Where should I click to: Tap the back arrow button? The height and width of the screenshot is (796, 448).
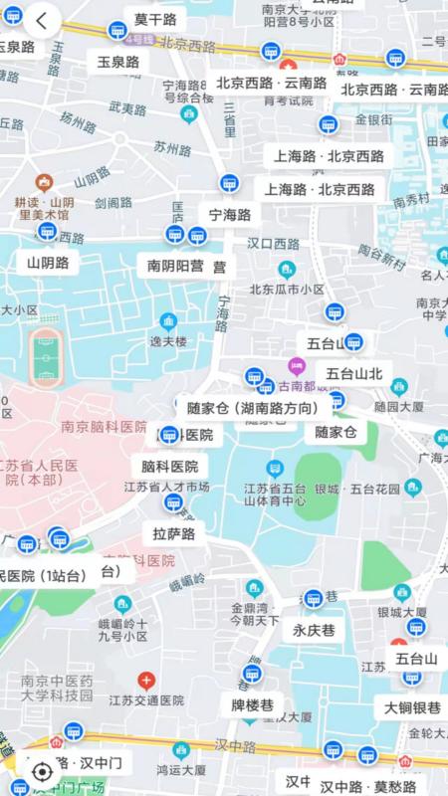coord(41,20)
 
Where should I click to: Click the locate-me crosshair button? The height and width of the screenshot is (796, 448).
coord(42,770)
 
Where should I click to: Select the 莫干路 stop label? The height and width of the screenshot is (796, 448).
coord(154,20)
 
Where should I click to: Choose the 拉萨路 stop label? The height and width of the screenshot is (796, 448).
coord(174,533)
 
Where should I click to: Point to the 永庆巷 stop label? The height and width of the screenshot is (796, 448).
coord(314,630)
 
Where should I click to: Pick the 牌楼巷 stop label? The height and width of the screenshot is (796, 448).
coord(252,705)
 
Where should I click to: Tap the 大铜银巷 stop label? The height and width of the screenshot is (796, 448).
coord(412,707)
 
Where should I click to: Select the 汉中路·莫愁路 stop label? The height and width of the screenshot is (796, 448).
coord(367,786)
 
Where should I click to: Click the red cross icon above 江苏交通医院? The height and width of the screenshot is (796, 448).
coord(145,682)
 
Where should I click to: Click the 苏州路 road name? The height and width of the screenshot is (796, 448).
coord(172,147)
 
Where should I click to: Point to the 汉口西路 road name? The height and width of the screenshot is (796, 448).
coord(274,243)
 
